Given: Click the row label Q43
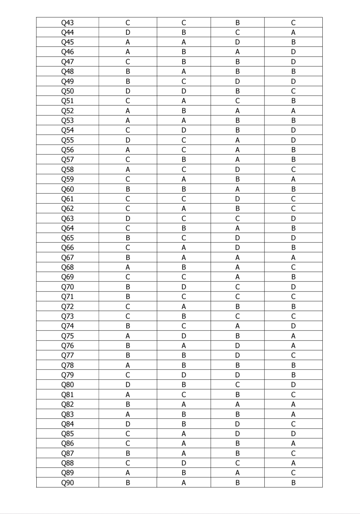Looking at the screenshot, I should point(67,23).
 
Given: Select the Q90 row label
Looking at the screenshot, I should point(67,483).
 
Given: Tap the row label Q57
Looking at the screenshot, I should point(67,159).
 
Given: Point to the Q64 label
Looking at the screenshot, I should point(67,228).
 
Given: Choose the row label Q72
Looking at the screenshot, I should point(67,307).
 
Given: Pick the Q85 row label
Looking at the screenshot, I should point(67,434).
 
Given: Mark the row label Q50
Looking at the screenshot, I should point(67,91).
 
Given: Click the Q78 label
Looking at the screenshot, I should point(67,365).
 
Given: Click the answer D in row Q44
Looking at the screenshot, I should point(128,32).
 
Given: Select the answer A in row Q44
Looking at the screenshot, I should point(293,32).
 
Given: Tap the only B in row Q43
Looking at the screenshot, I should point(237,23).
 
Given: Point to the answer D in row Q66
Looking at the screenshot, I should point(237,247).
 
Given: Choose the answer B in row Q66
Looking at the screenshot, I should point(293,247).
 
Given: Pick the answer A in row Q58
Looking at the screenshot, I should point(128,169).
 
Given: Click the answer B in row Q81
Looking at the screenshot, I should point(237,395).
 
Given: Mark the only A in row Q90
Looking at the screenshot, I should point(184,483).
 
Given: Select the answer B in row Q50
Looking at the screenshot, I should point(237,91).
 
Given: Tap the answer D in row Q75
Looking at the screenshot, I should point(184,336).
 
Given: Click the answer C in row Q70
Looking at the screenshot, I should point(237,287).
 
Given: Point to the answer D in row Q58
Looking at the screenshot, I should point(237,169).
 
